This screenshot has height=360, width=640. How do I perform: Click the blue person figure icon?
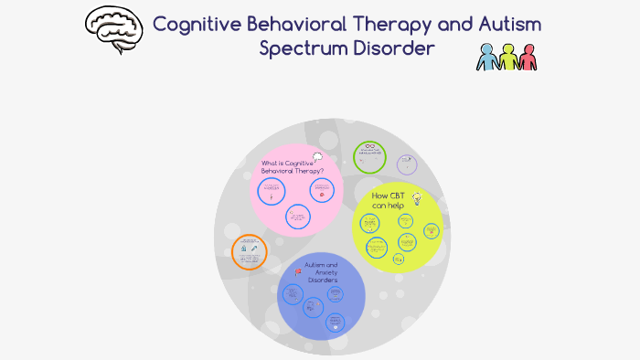click(487, 57)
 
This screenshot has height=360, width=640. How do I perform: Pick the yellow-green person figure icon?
click(507, 57)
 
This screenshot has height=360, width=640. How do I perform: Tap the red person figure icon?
click(527, 57)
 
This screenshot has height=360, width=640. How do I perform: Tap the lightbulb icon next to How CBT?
click(416, 197)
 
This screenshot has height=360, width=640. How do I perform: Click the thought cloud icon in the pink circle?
click(317, 158)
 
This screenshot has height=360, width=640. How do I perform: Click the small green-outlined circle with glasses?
click(370, 155)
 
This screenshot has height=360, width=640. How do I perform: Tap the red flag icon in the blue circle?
click(298, 271)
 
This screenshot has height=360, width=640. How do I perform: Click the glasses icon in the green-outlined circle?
click(370, 147)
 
